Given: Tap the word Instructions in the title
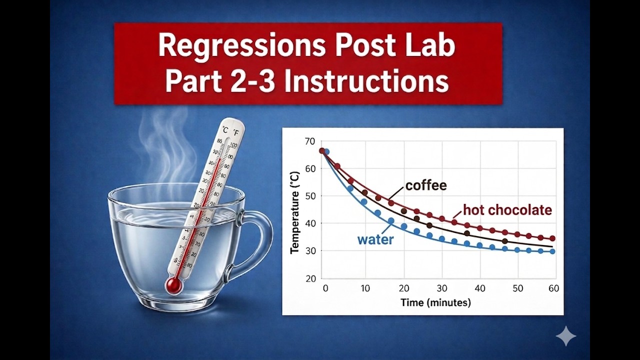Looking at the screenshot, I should (366, 81).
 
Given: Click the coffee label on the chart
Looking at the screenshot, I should (425, 185).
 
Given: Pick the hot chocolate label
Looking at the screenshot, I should (507, 210).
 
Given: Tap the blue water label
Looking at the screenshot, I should (375, 239).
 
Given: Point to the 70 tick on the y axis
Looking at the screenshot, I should (310, 141).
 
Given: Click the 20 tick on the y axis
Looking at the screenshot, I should (310, 278).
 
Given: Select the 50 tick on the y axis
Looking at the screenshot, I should (310, 196).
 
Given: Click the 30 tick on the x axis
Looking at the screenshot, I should (441, 288).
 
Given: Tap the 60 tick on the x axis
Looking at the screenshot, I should (553, 288).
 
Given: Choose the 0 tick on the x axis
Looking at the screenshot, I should (325, 288).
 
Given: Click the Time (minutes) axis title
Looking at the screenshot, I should (435, 302).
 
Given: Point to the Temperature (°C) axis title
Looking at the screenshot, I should (295, 212).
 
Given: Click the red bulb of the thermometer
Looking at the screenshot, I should (173, 285).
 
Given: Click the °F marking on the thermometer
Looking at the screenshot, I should (235, 131).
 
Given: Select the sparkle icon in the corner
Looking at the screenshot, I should (566, 336).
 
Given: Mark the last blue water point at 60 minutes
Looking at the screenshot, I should (552, 251).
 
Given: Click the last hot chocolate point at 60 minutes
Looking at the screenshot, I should (552, 238).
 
